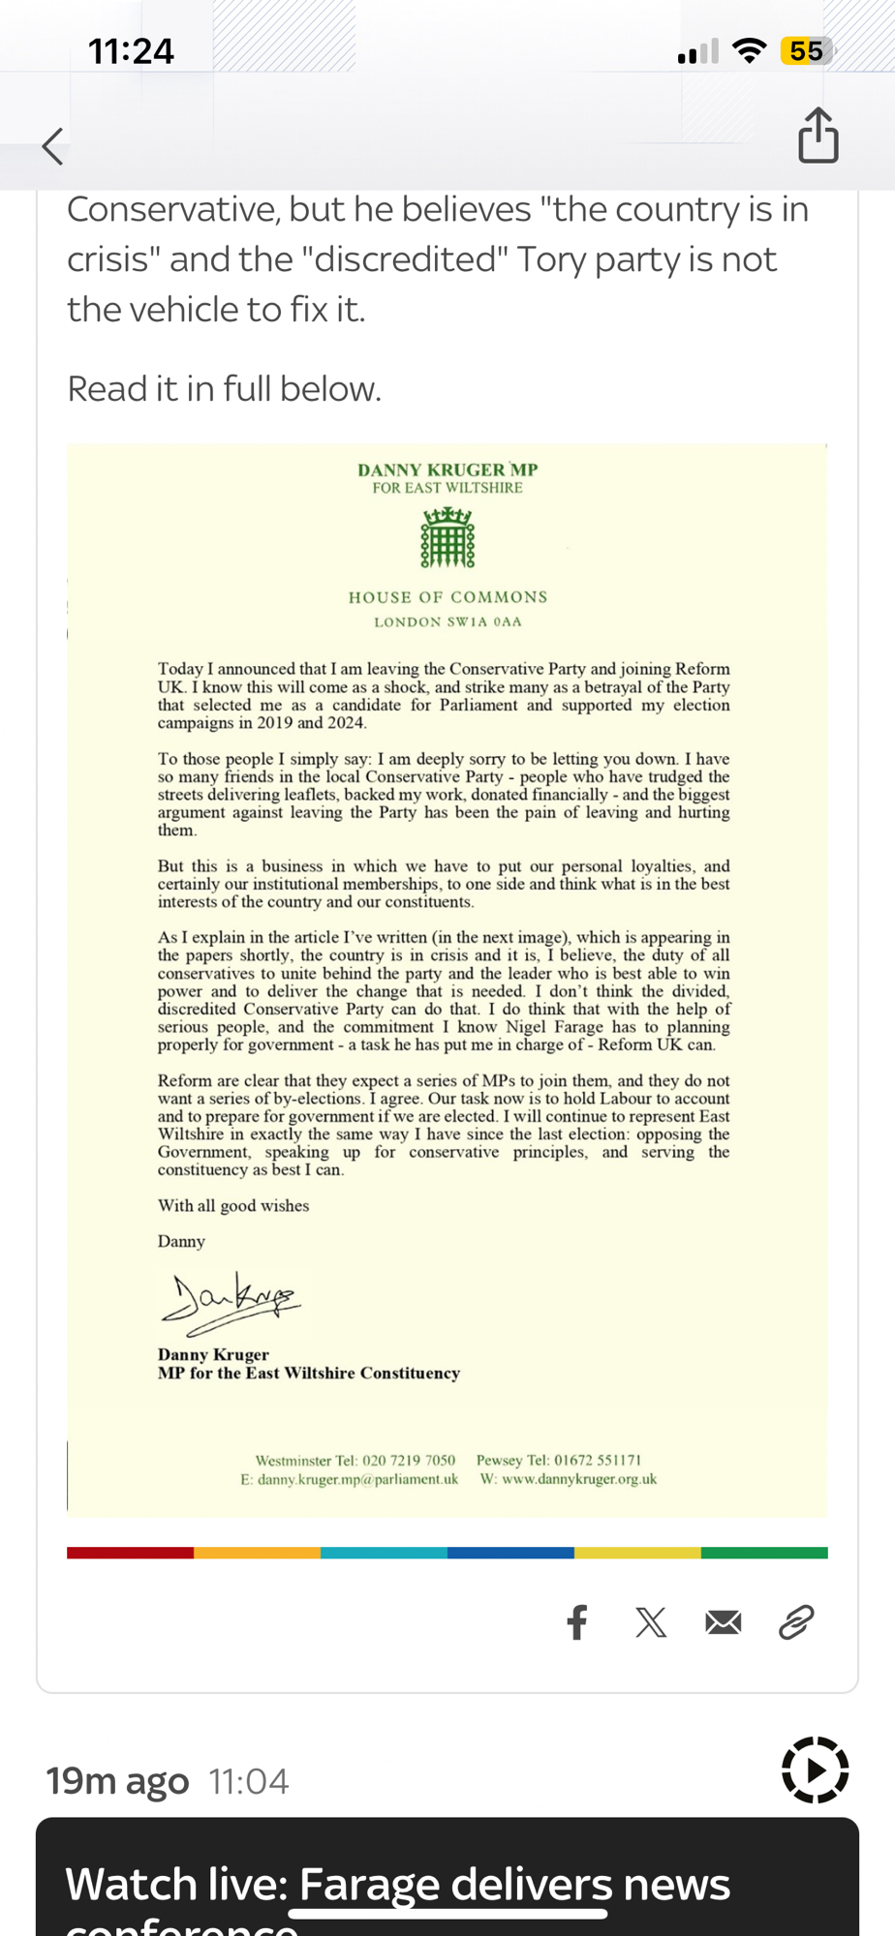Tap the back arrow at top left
point(53,146)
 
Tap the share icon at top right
point(818,136)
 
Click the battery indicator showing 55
point(806,51)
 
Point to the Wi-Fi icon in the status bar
point(748,51)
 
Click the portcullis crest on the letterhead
point(447,538)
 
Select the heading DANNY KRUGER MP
point(447,470)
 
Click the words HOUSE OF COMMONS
point(447,597)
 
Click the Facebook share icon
point(577,1622)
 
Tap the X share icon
point(651,1622)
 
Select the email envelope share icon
point(724,1622)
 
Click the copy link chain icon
point(796,1622)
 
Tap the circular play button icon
point(815,1770)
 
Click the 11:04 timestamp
point(249,1782)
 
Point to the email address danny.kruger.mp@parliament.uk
point(357,1479)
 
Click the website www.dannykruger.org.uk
point(578,1479)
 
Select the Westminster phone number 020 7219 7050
point(409,1461)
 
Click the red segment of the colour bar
point(130,1553)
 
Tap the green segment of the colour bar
point(764,1553)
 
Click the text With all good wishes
point(233,1206)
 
